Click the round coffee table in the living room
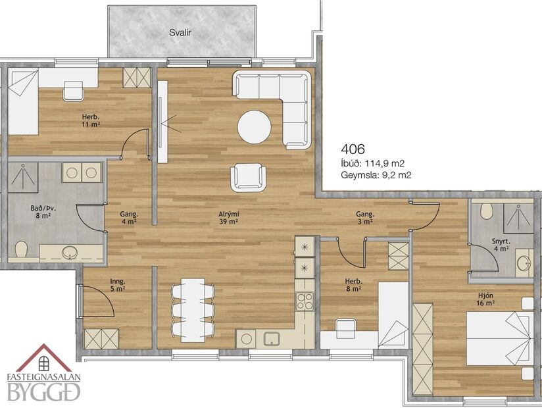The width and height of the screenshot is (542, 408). tap(254, 126)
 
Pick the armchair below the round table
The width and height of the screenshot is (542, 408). tap(248, 177)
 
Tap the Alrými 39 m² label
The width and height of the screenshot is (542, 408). tap(228, 218)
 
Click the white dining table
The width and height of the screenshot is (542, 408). tap(193, 311)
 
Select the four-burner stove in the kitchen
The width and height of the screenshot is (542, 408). tap(305, 301)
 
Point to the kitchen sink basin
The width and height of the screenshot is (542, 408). tap(270, 339)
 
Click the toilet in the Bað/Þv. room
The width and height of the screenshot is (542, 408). tap(20, 250)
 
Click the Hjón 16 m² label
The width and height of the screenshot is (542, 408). tap(485, 299)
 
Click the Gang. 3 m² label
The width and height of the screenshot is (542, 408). tap(365, 218)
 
